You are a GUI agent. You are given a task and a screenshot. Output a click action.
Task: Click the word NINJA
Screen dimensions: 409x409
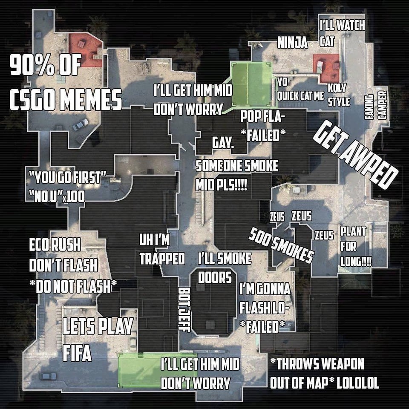click(292, 42)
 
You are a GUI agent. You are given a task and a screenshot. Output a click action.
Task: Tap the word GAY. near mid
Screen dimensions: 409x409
click(223, 143)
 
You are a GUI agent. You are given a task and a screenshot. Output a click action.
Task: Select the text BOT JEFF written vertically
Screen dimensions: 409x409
click(184, 309)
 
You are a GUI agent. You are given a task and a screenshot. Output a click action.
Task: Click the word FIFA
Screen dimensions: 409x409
click(77, 353)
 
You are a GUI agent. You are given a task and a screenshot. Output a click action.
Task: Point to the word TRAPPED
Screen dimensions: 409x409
click(162, 259)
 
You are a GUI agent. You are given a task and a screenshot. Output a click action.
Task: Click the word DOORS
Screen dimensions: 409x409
click(215, 277)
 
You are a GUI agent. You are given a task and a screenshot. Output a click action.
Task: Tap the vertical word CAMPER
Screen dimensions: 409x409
click(383, 104)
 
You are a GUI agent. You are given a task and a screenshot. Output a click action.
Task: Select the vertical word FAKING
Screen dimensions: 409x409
click(369, 107)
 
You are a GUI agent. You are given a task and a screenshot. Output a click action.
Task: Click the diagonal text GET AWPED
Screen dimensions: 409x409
click(355, 155)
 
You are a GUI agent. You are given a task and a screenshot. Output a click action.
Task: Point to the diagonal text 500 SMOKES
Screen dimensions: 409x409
click(281, 245)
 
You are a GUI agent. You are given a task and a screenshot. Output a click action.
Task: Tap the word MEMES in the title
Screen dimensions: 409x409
click(91, 99)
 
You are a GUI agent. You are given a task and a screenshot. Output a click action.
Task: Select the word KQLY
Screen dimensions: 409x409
click(337, 88)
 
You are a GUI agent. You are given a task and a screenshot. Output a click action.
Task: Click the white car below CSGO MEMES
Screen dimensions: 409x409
click(81, 124)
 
